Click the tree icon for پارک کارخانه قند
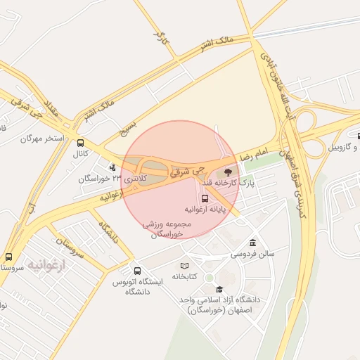(x=226, y=172)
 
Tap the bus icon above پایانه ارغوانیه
(x=205, y=198)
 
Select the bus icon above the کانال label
(x=81, y=143)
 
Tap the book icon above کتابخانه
(x=184, y=266)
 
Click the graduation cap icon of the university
(x=219, y=288)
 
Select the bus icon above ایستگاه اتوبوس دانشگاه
(x=137, y=271)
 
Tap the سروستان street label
(x=70, y=248)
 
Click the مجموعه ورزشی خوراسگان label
(x=162, y=229)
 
